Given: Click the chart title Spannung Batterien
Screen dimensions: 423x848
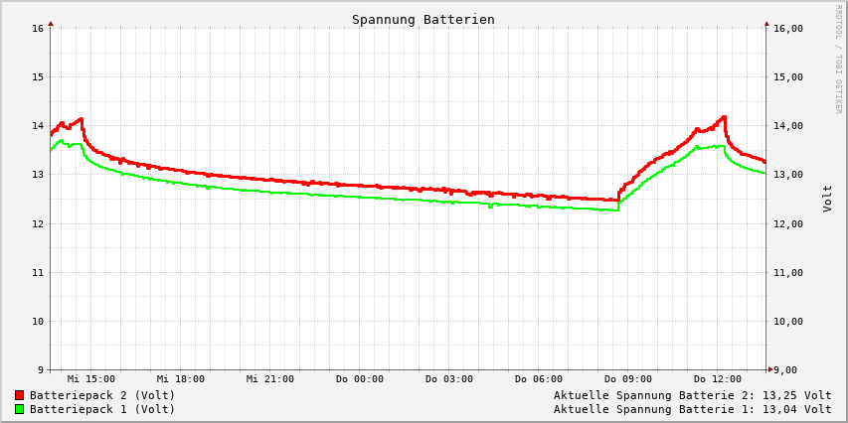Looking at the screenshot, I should [423, 20].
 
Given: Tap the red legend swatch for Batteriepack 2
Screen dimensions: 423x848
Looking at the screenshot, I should [19, 395].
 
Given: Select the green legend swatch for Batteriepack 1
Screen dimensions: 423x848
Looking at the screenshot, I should [19, 409].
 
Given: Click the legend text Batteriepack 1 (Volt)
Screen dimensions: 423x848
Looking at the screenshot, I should [102, 409].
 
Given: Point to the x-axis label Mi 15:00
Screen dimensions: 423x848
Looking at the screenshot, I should [91, 379].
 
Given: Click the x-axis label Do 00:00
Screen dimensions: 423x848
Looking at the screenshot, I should [360, 379].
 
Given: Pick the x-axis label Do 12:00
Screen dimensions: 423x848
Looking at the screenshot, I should [718, 379].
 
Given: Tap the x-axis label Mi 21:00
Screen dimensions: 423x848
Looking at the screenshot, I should [270, 379].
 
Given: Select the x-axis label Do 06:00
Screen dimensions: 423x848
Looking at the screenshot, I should [539, 379].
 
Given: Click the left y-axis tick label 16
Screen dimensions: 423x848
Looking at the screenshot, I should [38, 28].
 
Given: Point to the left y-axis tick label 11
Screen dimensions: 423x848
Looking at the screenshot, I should [38, 272].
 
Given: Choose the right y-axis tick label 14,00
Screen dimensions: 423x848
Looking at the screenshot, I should [788, 126].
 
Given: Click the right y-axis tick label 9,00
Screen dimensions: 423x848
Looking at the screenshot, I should [785, 370].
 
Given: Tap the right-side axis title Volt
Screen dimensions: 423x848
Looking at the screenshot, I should [827, 199].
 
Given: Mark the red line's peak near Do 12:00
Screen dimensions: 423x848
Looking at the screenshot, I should [724, 116].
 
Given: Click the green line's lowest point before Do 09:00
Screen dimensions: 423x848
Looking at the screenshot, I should [616, 211].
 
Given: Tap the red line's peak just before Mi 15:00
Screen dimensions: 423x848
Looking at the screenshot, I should [81, 119].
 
